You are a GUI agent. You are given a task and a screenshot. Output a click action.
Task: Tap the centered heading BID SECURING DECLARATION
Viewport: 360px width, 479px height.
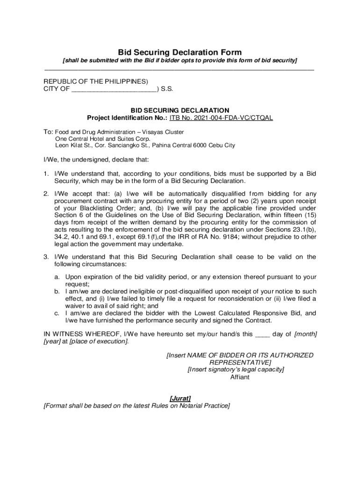pyautogui.click(x=180, y=110)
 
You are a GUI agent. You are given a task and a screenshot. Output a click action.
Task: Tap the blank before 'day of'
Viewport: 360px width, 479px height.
pyautogui.click(x=263, y=334)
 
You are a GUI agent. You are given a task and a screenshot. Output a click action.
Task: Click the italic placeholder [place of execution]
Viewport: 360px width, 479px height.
pyautogui.click(x=98, y=341)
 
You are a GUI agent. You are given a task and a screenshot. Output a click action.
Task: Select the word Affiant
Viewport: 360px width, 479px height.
pyautogui.click(x=240, y=377)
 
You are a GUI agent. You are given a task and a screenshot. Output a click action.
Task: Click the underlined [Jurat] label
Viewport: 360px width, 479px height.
pyautogui.click(x=180, y=398)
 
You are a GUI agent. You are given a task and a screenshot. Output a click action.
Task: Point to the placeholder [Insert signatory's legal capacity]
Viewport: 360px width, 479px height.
pyautogui.click(x=236, y=370)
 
